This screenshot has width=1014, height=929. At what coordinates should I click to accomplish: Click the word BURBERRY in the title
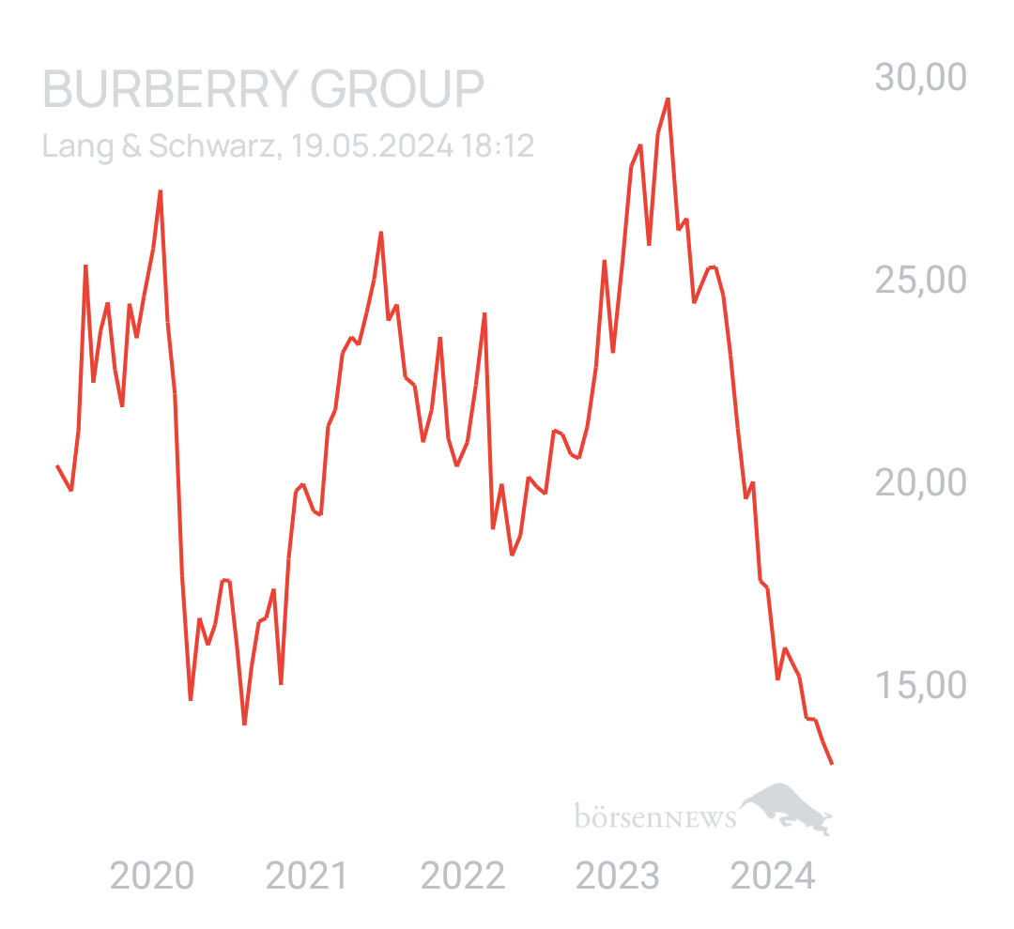click(169, 90)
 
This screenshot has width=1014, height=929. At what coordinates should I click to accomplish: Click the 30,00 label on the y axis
click(920, 77)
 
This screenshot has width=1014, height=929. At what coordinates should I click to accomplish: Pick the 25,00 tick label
click(920, 280)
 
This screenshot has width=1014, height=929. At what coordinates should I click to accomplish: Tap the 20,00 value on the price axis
click(920, 482)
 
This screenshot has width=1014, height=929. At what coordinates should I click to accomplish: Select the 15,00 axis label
click(920, 685)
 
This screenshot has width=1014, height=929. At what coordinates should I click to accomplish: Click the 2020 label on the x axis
click(152, 876)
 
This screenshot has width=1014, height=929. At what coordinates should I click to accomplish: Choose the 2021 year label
click(306, 876)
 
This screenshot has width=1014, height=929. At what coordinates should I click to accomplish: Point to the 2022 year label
click(462, 876)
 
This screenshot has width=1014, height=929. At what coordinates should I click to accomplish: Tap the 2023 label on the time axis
click(617, 876)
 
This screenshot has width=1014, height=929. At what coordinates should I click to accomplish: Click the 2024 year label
click(773, 876)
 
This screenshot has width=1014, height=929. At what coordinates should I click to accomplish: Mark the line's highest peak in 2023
click(667, 99)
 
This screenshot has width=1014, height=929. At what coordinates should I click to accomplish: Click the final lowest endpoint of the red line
click(832, 765)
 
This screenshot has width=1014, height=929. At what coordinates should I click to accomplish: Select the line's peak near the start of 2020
click(161, 191)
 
